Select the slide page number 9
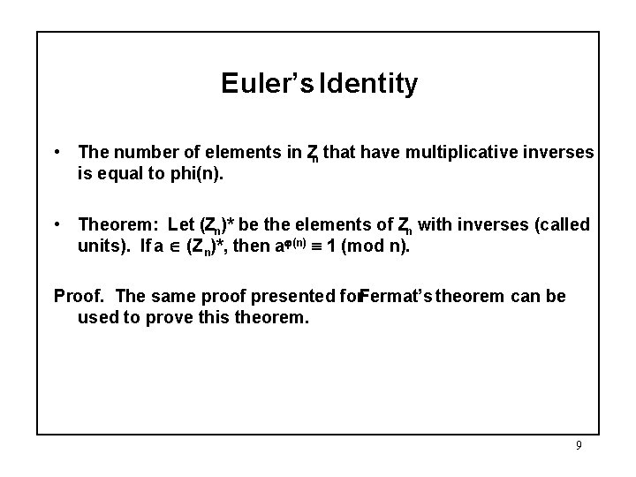[579, 445]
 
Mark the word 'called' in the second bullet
[562, 225]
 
